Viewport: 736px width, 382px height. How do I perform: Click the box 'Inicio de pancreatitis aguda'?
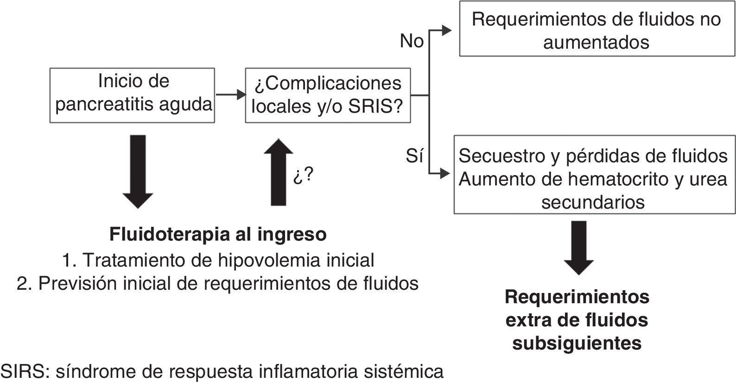coord(132,95)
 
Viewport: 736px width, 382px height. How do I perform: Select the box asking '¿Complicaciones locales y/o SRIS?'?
coord(328,95)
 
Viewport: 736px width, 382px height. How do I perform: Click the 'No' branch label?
coord(412,41)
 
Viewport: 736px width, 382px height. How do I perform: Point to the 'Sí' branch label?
coord(414,157)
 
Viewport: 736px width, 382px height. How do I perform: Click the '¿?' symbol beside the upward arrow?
coord(303,176)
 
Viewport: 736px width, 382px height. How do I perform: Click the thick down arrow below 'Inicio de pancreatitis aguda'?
coord(138,171)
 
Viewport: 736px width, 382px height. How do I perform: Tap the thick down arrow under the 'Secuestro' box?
coord(578,247)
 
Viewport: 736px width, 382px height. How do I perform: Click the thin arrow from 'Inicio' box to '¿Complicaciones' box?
coord(230,95)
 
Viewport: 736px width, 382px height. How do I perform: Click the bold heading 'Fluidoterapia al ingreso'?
coord(218,234)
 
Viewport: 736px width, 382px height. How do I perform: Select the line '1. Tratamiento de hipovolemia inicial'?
coord(218,260)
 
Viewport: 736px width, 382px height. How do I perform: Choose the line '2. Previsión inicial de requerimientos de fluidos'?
coord(217,283)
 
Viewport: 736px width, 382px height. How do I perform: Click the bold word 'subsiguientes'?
coord(577,344)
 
